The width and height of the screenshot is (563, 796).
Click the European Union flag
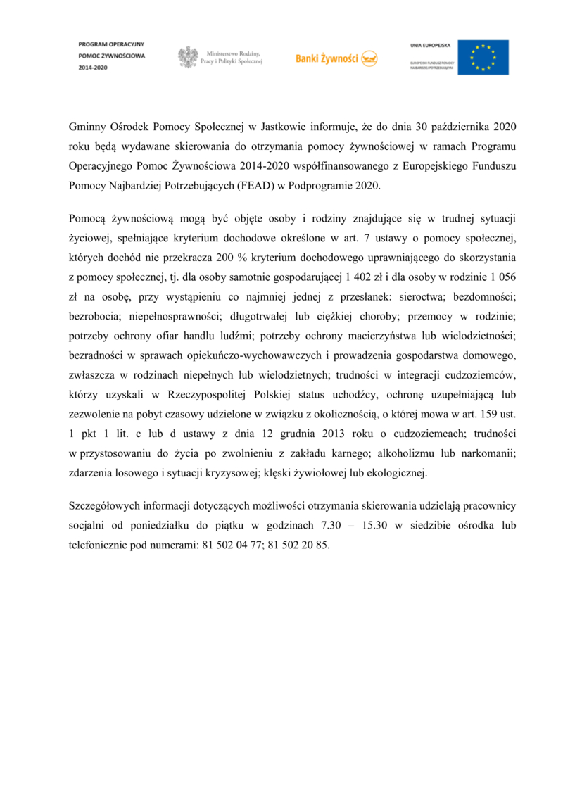[x=483, y=57]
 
